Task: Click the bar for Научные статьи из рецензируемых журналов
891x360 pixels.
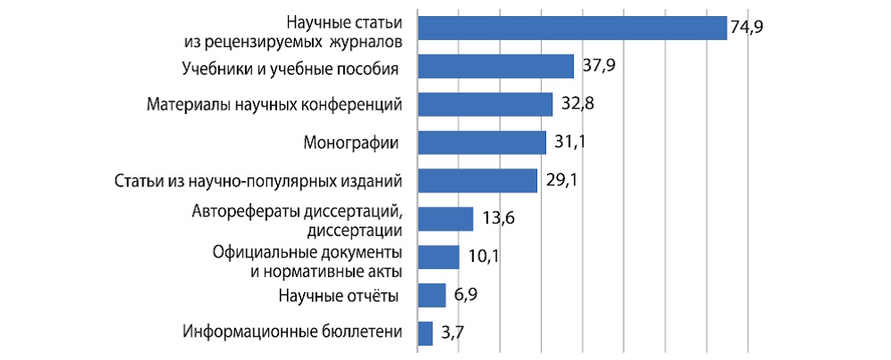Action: pyautogui.click(x=572, y=29)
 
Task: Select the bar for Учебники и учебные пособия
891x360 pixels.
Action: pyautogui.click(x=495, y=67)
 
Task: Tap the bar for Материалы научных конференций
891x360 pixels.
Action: pyautogui.click(x=485, y=104)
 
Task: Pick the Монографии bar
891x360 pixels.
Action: pyautogui.click(x=481, y=143)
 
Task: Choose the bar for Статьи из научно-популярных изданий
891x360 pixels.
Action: pyautogui.click(x=477, y=181)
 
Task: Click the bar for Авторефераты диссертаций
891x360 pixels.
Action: pyautogui.click(x=445, y=219)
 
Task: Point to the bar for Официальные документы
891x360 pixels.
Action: pyautogui.click(x=437, y=257)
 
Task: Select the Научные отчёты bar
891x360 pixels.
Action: pyautogui.click(x=431, y=295)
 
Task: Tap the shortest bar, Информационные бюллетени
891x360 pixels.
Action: pyautogui.click(x=424, y=333)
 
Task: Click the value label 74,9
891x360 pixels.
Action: pyautogui.click(x=748, y=28)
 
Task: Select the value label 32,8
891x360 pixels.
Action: pyautogui.click(x=578, y=104)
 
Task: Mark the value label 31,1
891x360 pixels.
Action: pyautogui.click(x=570, y=143)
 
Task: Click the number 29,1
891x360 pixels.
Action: pyautogui.click(x=562, y=181)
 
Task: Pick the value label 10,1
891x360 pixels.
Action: pyautogui.click(x=483, y=258)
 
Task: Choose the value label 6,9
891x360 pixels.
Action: pyautogui.click(x=466, y=295)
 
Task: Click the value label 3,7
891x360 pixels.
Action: pyautogui.click(x=452, y=334)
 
